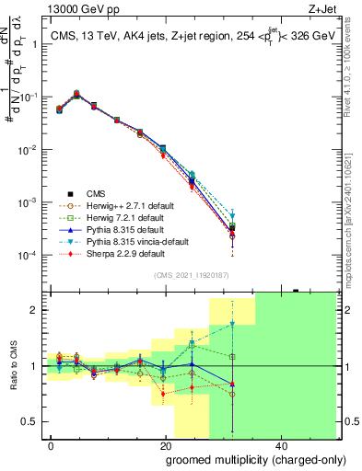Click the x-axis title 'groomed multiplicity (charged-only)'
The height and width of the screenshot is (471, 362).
pos(243,459)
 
